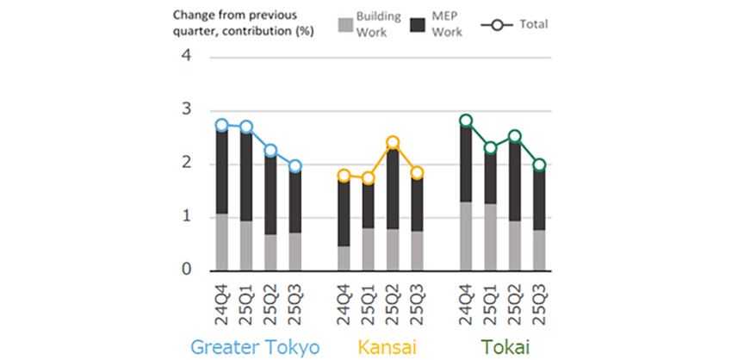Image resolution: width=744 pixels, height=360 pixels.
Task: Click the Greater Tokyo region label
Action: pos(256,347)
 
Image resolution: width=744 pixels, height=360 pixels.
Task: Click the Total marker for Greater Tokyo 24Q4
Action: pos(222,126)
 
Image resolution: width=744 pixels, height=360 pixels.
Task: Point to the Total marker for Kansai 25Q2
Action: pos(393,143)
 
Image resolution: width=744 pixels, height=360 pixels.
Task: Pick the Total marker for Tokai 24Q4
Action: pos(466,121)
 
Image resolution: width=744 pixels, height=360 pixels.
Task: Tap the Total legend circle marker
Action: pos(494,24)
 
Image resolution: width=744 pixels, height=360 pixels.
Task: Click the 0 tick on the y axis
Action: pos(186,270)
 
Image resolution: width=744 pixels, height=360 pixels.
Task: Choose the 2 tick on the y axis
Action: pos(186,164)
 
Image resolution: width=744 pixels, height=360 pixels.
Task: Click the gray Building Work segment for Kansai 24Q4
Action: pos(344,258)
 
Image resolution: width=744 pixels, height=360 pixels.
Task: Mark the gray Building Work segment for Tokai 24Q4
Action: pos(466,236)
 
